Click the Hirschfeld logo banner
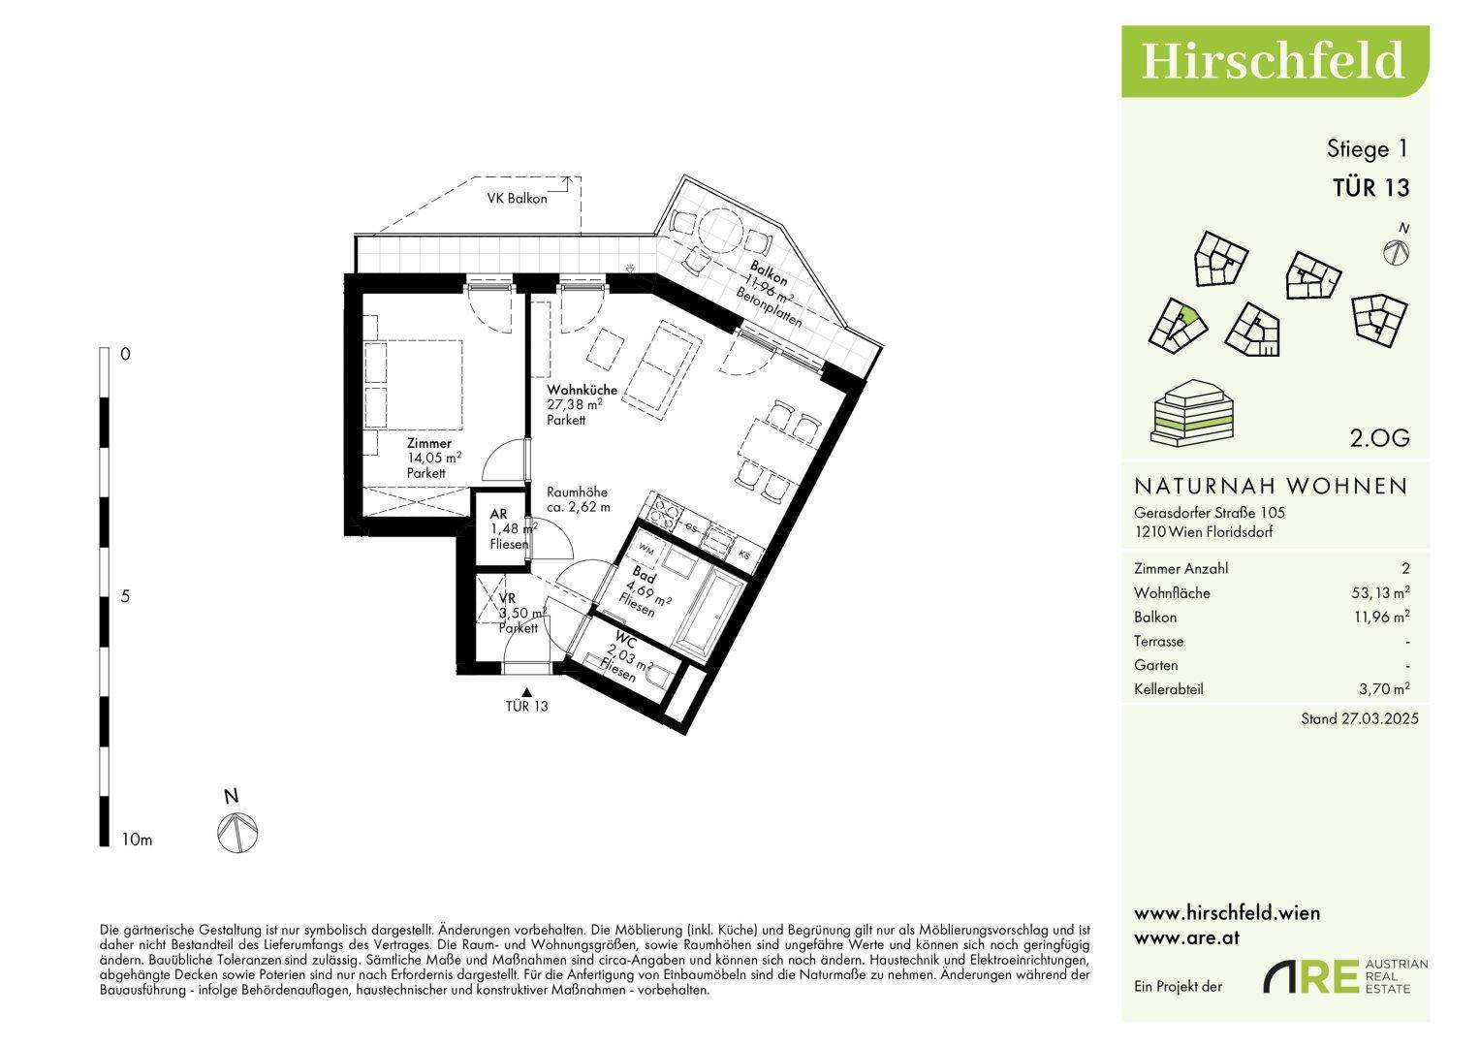click(x=1275, y=61)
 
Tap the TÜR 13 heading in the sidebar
click(x=1371, y=188)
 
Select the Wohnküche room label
click(x=583, y=390)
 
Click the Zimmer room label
click(x=428, y=443)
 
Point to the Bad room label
click(x=645, y=574)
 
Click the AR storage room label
click(x=499, y=514)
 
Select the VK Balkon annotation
click(x=518, y=199)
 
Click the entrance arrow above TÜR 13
click(x=526, y=692)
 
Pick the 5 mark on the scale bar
click(x=126, y=597)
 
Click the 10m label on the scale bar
click(x=137, y=841)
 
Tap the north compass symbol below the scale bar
click(x=237, y=833)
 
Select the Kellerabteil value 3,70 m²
click(x=1384, y=688)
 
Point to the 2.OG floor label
click(x=1379, y=438)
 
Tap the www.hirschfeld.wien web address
click(x=1227, y=913)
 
